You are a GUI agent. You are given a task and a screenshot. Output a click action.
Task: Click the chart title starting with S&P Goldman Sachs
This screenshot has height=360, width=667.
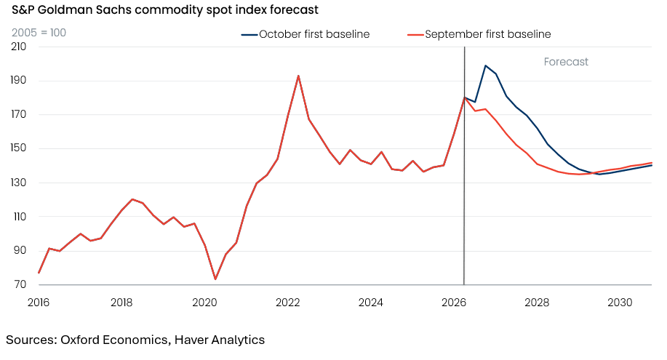(164, 9)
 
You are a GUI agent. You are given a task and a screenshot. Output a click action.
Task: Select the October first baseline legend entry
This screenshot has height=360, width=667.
(305, 34)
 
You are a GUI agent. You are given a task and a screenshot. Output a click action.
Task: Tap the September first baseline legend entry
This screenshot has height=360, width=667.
(479, 34)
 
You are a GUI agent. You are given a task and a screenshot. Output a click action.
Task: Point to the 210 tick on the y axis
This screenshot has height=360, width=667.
(18, 47)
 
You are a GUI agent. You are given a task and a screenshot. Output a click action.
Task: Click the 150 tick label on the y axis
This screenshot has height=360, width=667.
(18, 148)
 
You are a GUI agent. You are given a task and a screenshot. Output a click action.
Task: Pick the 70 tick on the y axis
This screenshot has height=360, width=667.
(20, 284)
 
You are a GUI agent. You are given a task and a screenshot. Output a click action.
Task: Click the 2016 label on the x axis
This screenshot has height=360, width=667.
(39, 303)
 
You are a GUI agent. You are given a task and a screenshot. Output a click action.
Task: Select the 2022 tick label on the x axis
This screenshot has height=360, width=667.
(287, 303)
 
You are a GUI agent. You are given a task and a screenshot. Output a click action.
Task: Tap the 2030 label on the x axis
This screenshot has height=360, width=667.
(620, 303)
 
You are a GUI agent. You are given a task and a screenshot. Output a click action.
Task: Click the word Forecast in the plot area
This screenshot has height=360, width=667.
(566, 62)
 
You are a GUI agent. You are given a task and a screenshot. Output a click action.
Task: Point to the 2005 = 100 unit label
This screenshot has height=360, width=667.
(39, 33)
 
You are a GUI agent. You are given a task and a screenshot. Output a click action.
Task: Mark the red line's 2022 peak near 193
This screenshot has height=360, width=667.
(298, 76)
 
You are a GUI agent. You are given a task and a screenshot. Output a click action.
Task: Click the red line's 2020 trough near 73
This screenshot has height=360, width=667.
(215, 279)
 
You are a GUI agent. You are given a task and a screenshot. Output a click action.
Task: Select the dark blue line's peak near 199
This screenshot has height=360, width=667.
(485, 65)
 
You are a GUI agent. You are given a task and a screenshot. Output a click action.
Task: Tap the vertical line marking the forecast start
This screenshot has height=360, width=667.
(464, 166)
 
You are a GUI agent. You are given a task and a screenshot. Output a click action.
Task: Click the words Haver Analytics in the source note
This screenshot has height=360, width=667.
(220, 340)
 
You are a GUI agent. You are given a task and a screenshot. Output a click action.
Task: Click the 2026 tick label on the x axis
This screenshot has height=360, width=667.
(453, 303)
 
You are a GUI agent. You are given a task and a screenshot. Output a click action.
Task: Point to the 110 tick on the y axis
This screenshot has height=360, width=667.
(20, 217)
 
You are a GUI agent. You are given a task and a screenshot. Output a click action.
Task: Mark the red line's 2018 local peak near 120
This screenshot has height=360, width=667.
(132, 199)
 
